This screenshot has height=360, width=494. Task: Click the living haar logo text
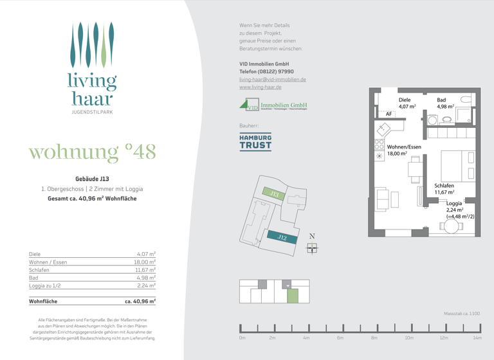[93, 90]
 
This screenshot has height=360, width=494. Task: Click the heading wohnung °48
[93, 152]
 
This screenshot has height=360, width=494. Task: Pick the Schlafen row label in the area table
[39, 270]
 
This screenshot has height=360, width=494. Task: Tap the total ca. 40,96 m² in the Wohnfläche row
[140, 301]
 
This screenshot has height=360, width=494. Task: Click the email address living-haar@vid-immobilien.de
[272, 80]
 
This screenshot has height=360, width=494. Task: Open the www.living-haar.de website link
[261, 87]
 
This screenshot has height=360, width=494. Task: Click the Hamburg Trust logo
[255, 141]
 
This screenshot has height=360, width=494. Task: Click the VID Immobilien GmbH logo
[273, 105]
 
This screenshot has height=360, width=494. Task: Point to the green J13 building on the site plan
[275, 193]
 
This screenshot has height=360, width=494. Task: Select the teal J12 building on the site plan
[282, 237]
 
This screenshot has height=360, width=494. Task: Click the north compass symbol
[312, 248]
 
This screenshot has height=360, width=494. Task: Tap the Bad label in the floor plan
[441, 100]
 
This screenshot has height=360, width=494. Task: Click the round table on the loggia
[452, 226]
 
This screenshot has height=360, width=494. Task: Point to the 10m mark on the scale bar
[409, 337]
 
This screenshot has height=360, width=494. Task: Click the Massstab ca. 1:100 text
[462, 314]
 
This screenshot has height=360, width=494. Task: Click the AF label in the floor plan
[389, 114]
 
